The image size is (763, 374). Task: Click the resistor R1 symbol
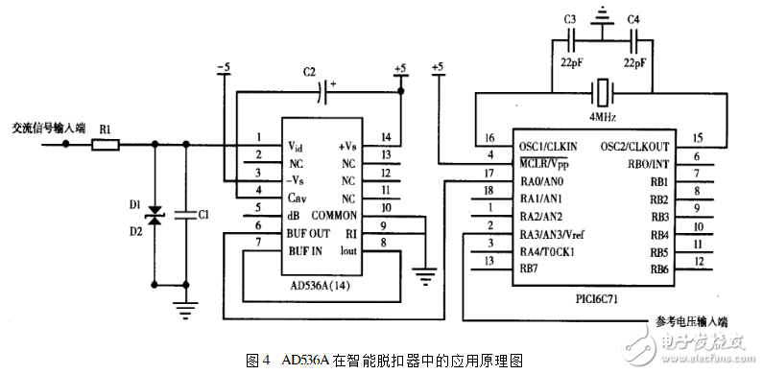coord(106,145)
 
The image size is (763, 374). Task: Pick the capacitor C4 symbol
coord(633,41)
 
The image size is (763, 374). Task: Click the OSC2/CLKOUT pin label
coord(632,145)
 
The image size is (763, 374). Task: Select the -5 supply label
coord(224,67)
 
